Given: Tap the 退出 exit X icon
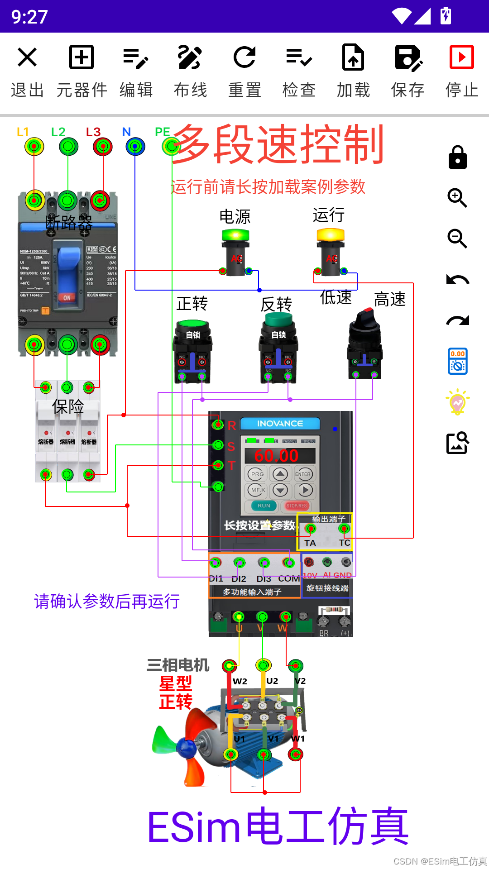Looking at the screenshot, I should click(x=27, y=57).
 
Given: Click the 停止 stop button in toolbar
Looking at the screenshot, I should click(x=461, y=57).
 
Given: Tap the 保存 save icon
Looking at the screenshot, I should click(x=408, y=57).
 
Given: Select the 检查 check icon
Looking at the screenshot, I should click(x=299, y=57).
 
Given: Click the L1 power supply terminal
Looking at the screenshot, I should click(x=34, y=147).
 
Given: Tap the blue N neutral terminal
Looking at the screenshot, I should click(x=135, y=147).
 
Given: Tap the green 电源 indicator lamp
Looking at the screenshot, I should click(x=235, y=235).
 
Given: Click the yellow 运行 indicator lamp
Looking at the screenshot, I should click(x=331, y=235).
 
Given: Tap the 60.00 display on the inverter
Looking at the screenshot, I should click(x=277, y=455).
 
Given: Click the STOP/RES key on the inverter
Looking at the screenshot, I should click(x=297, y=506).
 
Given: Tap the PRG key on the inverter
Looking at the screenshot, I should click(x=257, y=474).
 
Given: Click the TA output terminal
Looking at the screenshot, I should click(x=311, y=529).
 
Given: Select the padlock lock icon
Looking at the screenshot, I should click(x=457, y=158).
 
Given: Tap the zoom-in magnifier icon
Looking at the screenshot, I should click(x=457, y=198).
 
